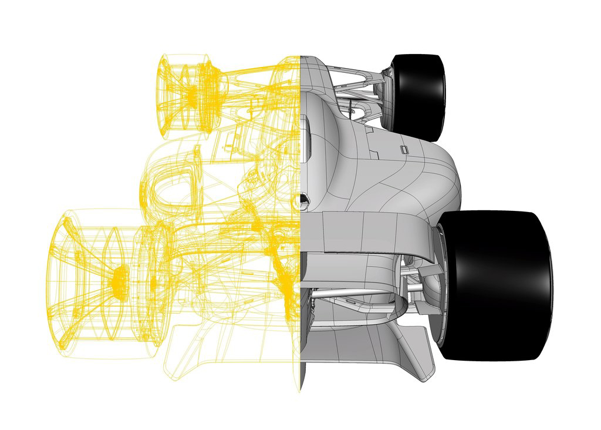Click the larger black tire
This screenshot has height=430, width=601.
point(499,285)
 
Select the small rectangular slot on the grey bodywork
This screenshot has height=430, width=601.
point(404,149)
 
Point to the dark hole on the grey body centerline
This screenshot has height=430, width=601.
point(305,201)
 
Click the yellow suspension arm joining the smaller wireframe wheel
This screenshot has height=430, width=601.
point(252,73)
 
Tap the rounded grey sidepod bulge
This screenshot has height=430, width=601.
point(434,176)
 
